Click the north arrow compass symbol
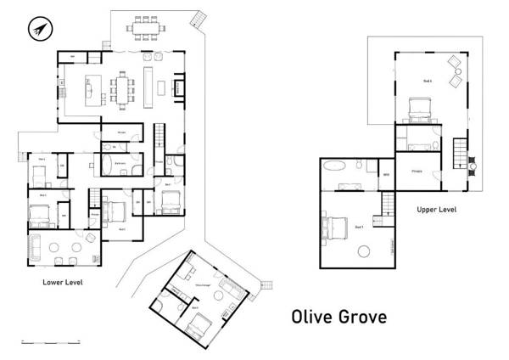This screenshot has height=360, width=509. click(37, 31)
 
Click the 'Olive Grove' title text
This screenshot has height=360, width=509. click(338, 317)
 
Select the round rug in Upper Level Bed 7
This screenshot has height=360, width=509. click(366, 250)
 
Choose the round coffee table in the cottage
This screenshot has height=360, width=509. click(216, 295)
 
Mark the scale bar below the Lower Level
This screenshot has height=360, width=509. click(49, 341)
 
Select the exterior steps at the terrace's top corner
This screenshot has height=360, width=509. click(199, 18)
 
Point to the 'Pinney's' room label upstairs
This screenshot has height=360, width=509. click(417, 171)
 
